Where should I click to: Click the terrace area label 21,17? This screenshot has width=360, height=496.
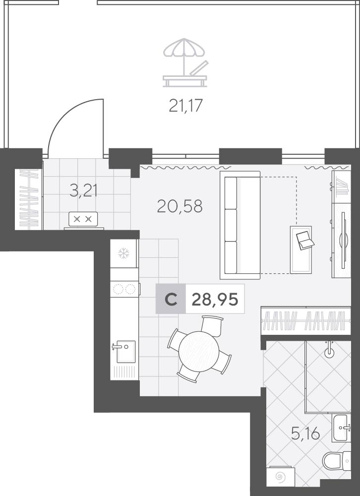[x=185, y=106]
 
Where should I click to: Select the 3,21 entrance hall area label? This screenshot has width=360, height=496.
[x=83, y=191]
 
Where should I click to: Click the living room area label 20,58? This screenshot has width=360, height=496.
[x=180, y=206]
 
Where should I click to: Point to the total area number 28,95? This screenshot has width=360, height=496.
[x=215, y=299]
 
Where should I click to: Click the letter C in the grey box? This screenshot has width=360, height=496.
[x=171, y=299]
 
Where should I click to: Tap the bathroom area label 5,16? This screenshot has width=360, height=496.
[x=305, y=434]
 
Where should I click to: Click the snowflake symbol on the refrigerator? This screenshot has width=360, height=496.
[x=123, y=253]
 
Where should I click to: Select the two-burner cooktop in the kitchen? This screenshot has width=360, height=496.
[x=124, y=289]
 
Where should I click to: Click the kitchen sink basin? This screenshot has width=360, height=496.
[x=125, y=352]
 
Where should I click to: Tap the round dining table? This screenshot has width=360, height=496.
[x=199, y=352]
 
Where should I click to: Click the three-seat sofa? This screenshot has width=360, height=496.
[x=240, y=225]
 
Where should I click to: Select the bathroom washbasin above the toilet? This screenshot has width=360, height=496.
[x=341, y=428]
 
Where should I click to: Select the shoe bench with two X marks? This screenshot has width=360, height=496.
[x=83, y=219]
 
